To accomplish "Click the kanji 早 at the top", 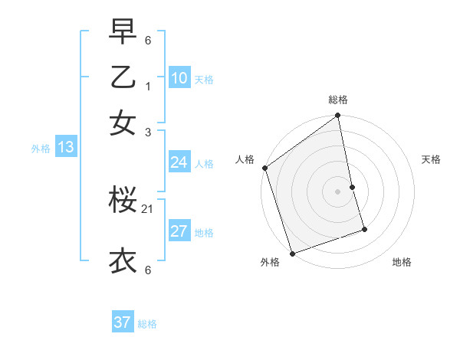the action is pyautogui.click(x=123, y=31).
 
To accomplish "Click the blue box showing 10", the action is pyautogui.click(x=179, y=77).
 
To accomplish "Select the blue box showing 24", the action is pyautogui.click(x=179, y=162).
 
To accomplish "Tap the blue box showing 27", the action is pyautogui.click(x=179, y=231).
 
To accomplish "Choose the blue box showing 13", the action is pyautogui.click(x=65, y=147).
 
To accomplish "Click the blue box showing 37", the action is pyautogui.click(x=122, y=322).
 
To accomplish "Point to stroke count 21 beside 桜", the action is pyautogui.click(x=148, y=209).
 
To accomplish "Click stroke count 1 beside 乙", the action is pyautogui.click(x=149, y=86).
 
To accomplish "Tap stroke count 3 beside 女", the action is pyautogui.click(x=149, y=131).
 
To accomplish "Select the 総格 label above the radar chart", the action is pyautogui.click(x=338, y=100).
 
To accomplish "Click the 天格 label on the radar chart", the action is pyautogui.click(x=432, y=159).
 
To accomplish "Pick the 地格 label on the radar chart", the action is pyautogui.click(x=402, y=262).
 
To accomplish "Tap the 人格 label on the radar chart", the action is pyautogui.click(x=245, y=159).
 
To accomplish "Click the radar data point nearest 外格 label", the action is pyautogui.click(x=292, y=253).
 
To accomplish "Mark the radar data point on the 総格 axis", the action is pyautogui.click(x=338, y=116).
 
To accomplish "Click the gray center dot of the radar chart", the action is pyautogui.click(x=338, y=191).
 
